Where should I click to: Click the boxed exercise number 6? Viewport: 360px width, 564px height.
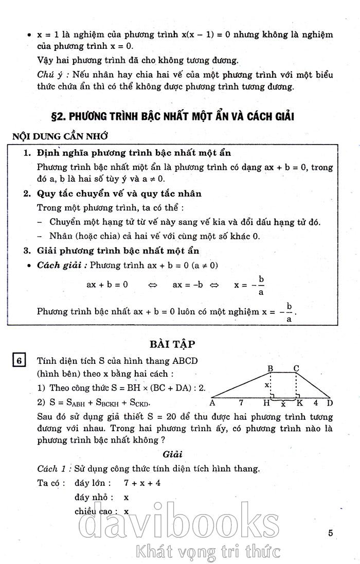tap(19, 361)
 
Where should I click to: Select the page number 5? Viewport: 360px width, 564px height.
tap(331, 533)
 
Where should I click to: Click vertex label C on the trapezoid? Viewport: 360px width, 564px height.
tap(296, 368)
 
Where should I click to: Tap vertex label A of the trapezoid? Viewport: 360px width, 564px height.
tap(212, 403)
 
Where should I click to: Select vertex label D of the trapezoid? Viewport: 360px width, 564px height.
tap(330, 403)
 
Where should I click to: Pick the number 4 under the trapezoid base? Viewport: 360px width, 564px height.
tap(315, 402)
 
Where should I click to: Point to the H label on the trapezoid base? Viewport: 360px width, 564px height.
tap(266, 403)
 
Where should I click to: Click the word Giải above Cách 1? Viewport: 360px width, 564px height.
tap(173, 454)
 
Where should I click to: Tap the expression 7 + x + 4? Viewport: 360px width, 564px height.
tap(142, 483)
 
